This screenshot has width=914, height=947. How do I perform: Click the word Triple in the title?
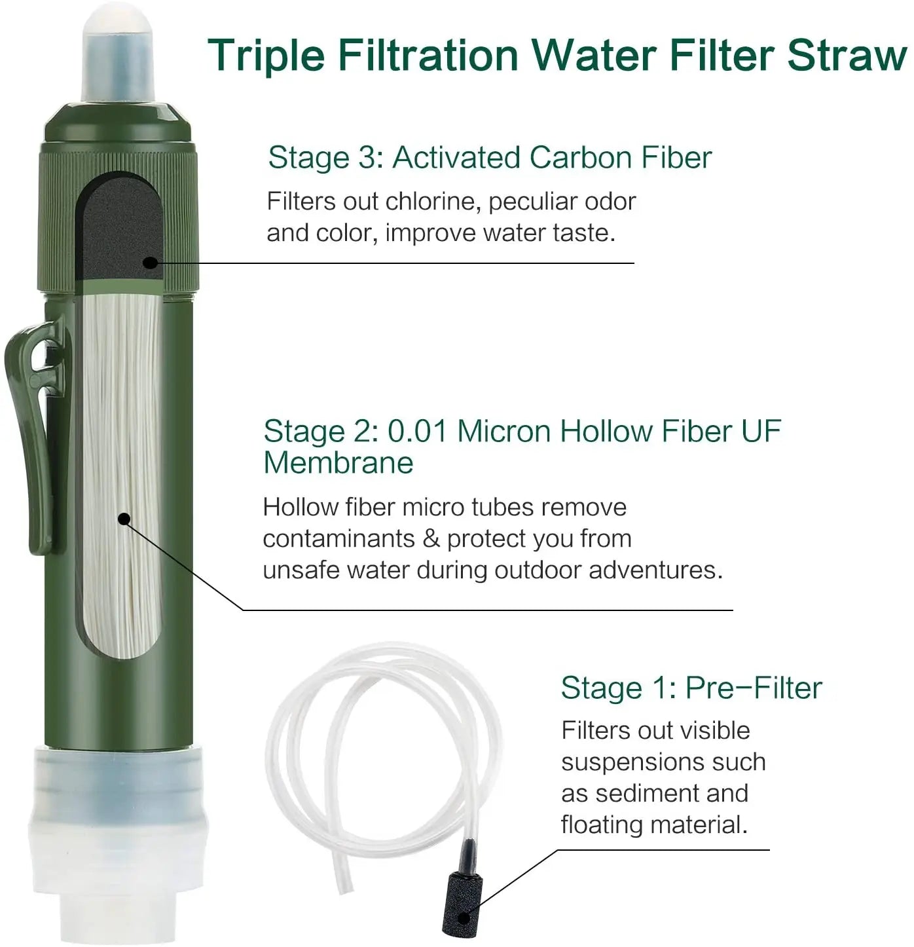pos(267,56)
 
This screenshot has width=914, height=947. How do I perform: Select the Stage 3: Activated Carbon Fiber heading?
pos(489,158)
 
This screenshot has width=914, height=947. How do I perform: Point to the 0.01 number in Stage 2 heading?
pos(417,432)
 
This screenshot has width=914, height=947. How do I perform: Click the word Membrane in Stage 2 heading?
pos(338,463)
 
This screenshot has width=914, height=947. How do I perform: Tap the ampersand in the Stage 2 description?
pos(431,539)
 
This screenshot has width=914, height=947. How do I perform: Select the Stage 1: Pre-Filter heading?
pos(691,688)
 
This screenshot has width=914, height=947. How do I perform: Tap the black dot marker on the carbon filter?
pos(150,263)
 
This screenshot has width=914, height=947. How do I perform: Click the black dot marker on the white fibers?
pos(123,519)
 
